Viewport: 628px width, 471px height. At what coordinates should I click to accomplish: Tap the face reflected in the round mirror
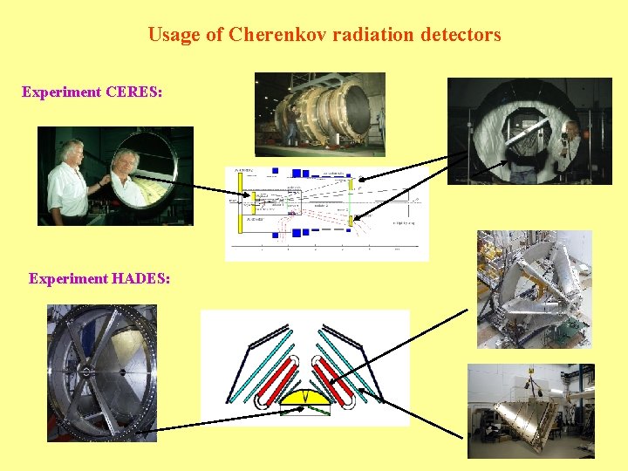pyautogui.click(x=130, y=169)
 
